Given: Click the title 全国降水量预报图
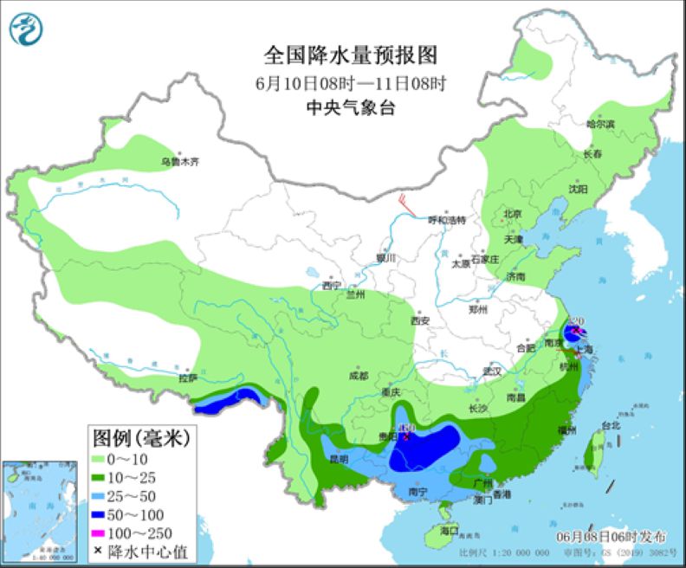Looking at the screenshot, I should pos(350,55).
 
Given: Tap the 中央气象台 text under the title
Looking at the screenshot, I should pos(350,107).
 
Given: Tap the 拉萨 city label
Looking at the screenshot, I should pos(188,378).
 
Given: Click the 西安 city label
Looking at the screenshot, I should pos(420,320).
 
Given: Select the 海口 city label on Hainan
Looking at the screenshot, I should pos(449,530).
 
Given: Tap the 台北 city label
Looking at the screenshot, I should pos(611,425).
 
